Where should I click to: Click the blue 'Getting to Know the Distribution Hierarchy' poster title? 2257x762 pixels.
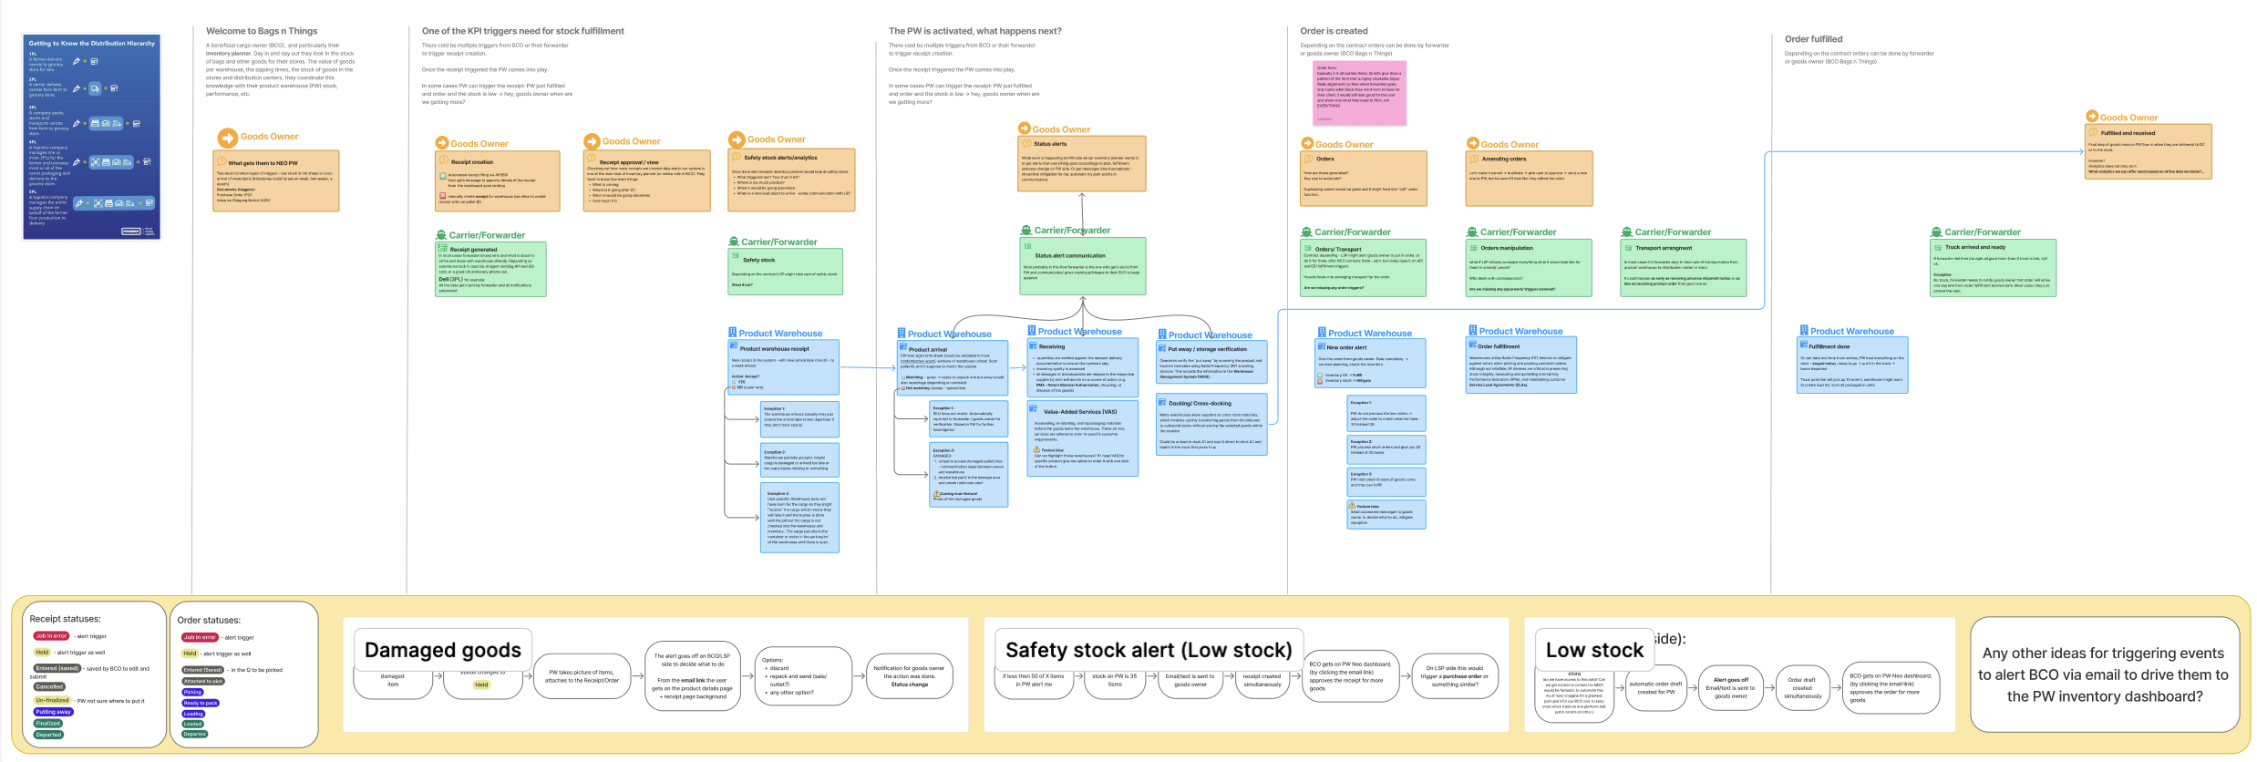(91, 43)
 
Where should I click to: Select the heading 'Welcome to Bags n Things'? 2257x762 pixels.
(262, 31)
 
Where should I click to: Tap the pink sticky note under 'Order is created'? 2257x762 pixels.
(1359, 93)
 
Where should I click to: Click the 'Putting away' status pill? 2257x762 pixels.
(53, 712)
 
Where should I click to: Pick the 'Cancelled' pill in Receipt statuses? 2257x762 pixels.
(49, 686)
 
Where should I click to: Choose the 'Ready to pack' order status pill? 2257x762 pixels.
(201, 703)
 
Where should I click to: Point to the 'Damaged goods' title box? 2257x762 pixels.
(442, 650)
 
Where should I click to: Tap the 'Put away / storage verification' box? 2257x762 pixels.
(1211, 360)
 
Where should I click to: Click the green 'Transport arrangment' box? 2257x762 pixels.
(1683, 267)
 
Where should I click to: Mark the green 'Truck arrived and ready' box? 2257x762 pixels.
(1993, 267)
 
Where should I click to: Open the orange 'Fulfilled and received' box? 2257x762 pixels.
(2148, 151)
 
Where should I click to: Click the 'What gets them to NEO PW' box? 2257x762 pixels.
(276, 180)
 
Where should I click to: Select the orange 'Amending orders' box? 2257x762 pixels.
(1529, 178)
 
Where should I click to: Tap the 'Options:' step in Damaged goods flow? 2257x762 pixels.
(802, 675)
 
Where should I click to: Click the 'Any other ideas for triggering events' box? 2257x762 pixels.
(2104, 674)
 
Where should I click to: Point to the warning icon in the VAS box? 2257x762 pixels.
(1036, 449)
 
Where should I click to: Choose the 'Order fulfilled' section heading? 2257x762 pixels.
(1813, 39)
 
